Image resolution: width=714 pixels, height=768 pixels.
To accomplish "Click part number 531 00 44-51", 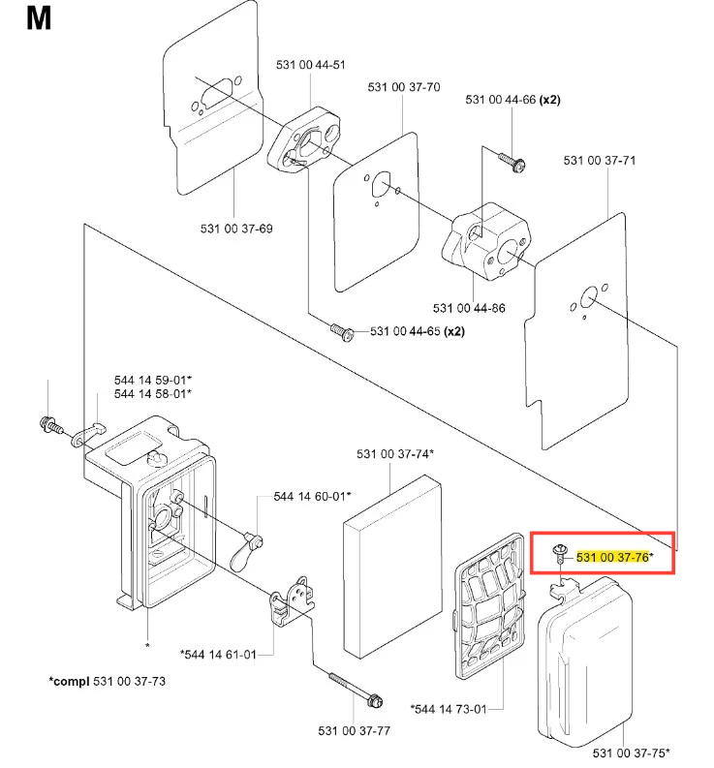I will coord(310,65).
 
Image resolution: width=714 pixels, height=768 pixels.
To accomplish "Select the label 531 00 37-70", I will coord(404,87).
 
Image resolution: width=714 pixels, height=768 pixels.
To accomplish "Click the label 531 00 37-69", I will coord(236,229).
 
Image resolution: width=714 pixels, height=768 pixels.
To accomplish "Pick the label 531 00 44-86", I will coord(469,308).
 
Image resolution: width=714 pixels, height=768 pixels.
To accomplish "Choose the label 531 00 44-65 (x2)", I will coord(418,331).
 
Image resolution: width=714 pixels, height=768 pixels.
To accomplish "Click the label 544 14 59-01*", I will coord(152,380).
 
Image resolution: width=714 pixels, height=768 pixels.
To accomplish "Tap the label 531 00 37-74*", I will coord(394,453).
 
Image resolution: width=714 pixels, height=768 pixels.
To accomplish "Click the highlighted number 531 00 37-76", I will coord(613,557).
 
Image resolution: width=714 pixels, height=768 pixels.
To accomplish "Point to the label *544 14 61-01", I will coord(219,655).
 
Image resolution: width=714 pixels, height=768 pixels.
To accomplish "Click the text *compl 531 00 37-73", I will coord(107,681).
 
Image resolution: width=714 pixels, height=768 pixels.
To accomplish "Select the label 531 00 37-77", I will coord(354,730).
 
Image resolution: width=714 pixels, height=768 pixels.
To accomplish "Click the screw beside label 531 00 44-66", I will coord(512,161).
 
